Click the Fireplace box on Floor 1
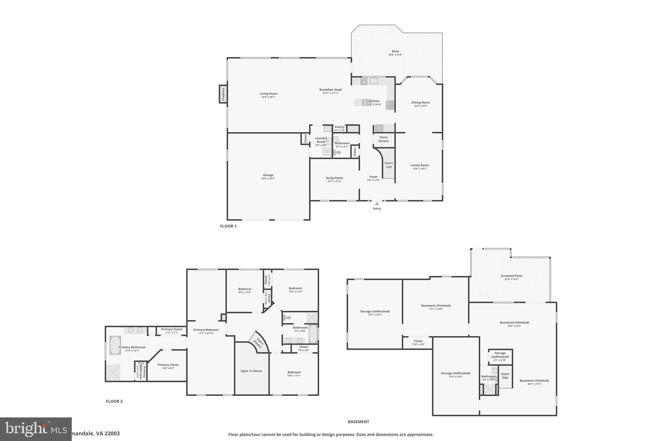[x=223, y=94]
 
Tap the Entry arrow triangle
[x=377, y=204]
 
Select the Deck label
[x=395, y=51]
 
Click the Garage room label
[x=268, y=175]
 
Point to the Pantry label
[x=339, y=127]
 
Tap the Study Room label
[x=334, y=178]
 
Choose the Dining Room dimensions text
[x=420, y=106]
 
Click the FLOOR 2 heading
[x=114, y=401]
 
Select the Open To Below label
[x=251, y=371]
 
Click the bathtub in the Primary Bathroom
[x=115, y=345]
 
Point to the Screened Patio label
[x=511, y=276]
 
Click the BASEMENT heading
[x=358, y=422]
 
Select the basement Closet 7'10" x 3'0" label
[x=418, y=341]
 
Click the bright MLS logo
[x=36, y=429]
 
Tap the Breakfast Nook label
[x=330, y=90]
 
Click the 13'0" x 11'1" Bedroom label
[x=294, y=372]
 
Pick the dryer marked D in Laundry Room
[x=327, y=151]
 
